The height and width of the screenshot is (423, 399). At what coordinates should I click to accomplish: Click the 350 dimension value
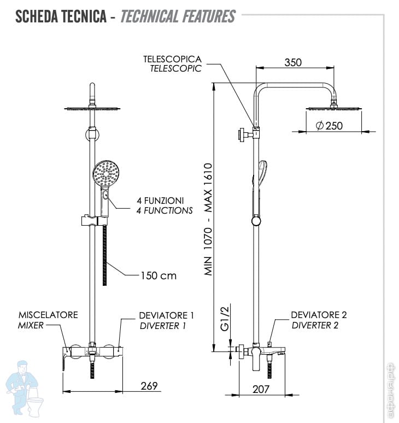pos(293,63)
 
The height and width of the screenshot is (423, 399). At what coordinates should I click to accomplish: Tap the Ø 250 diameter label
pos(329,126)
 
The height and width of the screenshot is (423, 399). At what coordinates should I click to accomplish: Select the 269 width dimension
pos(149,386)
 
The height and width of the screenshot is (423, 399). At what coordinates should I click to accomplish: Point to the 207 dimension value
pos(261,389)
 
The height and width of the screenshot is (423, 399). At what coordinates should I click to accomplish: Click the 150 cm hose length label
pos(159,275)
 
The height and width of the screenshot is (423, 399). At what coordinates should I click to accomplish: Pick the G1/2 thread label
pos(225,319)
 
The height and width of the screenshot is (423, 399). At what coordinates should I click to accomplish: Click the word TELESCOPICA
pos(172,59)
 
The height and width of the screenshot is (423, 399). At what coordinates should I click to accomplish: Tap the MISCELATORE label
pos(48,315)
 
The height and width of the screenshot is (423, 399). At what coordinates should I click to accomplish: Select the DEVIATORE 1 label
pos(166,315)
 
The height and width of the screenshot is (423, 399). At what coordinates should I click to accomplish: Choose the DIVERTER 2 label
pos(315,325)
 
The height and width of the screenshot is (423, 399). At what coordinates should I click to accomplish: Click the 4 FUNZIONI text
pos(160,201)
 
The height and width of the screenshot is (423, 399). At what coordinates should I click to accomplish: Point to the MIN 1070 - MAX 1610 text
pos(208,219)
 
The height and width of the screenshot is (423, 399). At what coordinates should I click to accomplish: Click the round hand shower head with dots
pos(106,173)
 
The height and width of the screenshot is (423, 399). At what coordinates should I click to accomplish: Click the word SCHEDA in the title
pos(37,16)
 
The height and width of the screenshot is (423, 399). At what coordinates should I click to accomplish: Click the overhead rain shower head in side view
pos(334,108)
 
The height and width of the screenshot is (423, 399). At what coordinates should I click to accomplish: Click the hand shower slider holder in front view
pos(94,221)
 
